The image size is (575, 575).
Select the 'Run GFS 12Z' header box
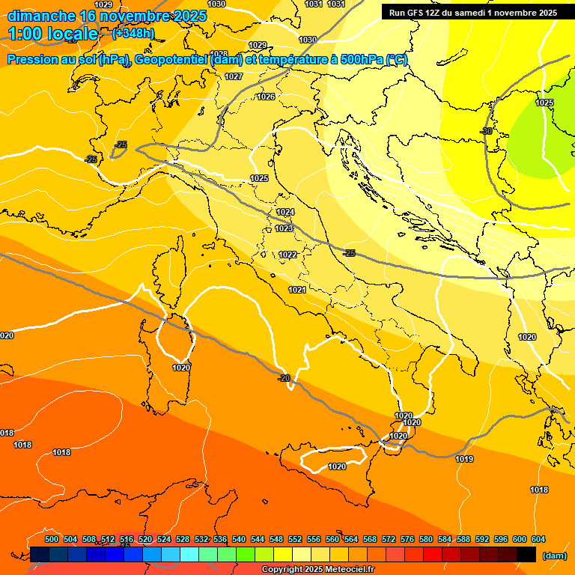[x=472, y=12]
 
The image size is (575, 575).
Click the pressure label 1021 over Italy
[x=297, y=290]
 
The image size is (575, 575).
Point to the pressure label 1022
[x=287, y=255]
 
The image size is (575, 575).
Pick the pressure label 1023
[x=284, y=229]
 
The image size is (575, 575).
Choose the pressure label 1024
[x=285, y=213]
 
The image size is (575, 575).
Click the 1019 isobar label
[x=464, y=460]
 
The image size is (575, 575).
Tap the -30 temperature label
[x=487, y=131]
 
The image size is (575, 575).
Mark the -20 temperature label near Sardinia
[x=284, y=378]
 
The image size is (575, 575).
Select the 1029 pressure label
[x=258, y=46]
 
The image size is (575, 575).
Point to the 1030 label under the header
[x=307, y=40]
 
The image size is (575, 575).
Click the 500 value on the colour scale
[x=52, y=539]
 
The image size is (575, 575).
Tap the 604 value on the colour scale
[x=538, y=539]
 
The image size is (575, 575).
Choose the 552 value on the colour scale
[x=295, y=539]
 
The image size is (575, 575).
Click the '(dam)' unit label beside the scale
[x=553, y=556]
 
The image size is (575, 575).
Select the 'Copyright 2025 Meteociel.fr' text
[x=318, y=570]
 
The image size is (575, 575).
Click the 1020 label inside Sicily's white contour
[x=337, y=466]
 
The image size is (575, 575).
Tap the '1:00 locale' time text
[x=53, y=34]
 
